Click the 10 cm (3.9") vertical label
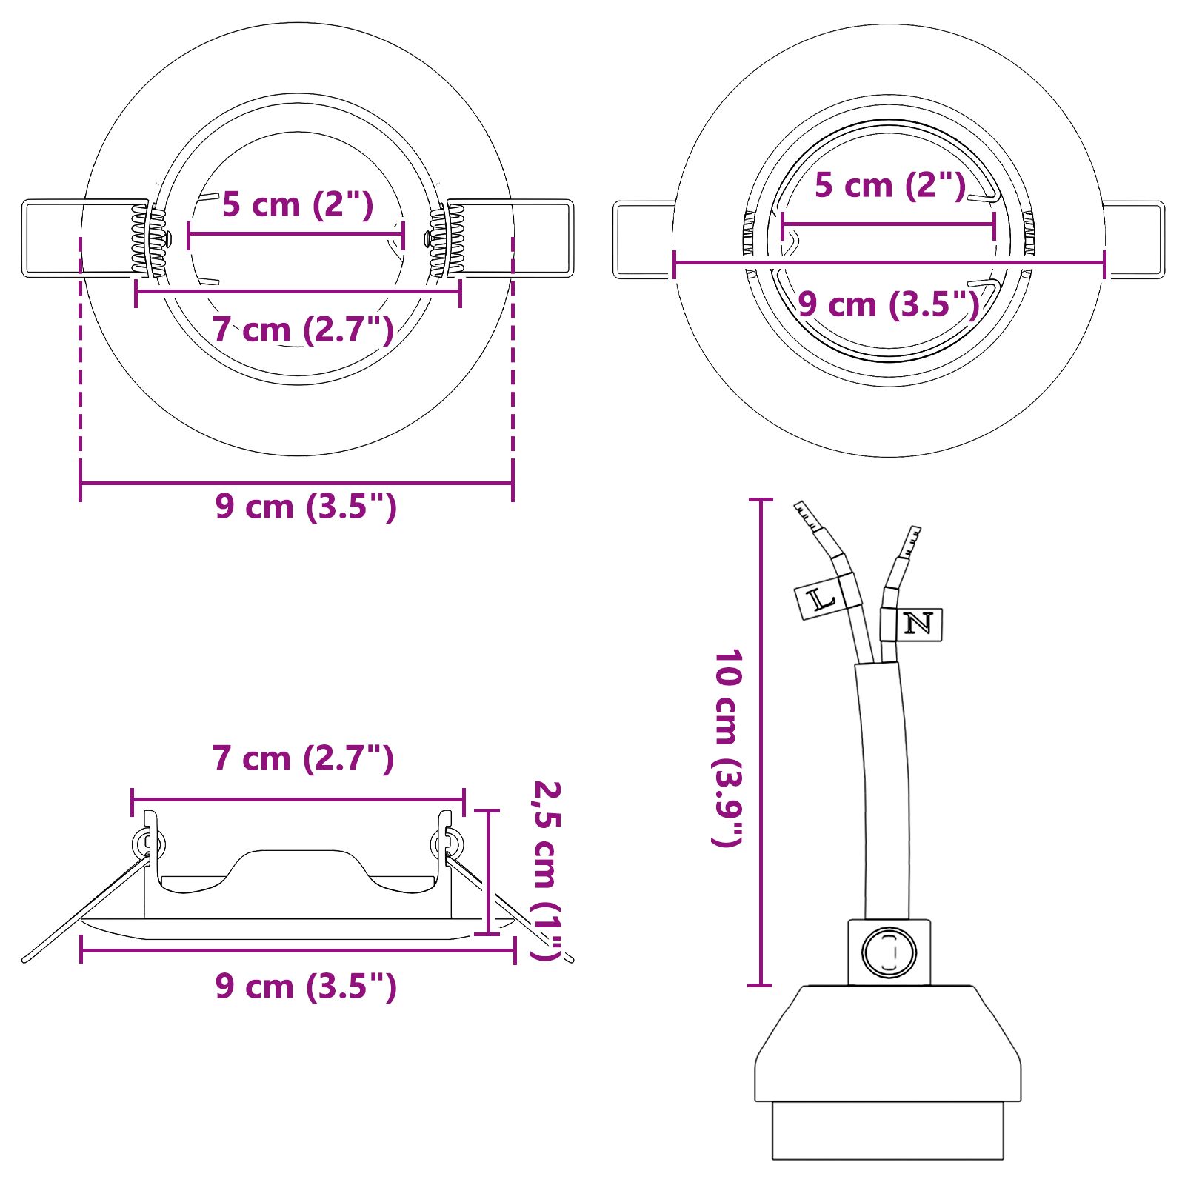pos(727,748)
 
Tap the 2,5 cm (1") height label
pos(548,870)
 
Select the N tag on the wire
pos(919,624)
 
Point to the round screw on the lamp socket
pos(889,952)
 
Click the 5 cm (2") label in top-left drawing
pos(298,205)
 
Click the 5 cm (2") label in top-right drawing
pos(889,185)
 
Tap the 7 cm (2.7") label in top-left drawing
pos(303,330)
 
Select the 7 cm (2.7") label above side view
pos(303,758)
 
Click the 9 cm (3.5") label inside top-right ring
pos(888,304)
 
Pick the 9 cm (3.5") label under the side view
pos(306,987)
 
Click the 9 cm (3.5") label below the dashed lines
pos(306,507)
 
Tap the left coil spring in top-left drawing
pos(141,239)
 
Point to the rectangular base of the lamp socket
pos(887,1130)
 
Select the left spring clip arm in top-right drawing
pos(643,239)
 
